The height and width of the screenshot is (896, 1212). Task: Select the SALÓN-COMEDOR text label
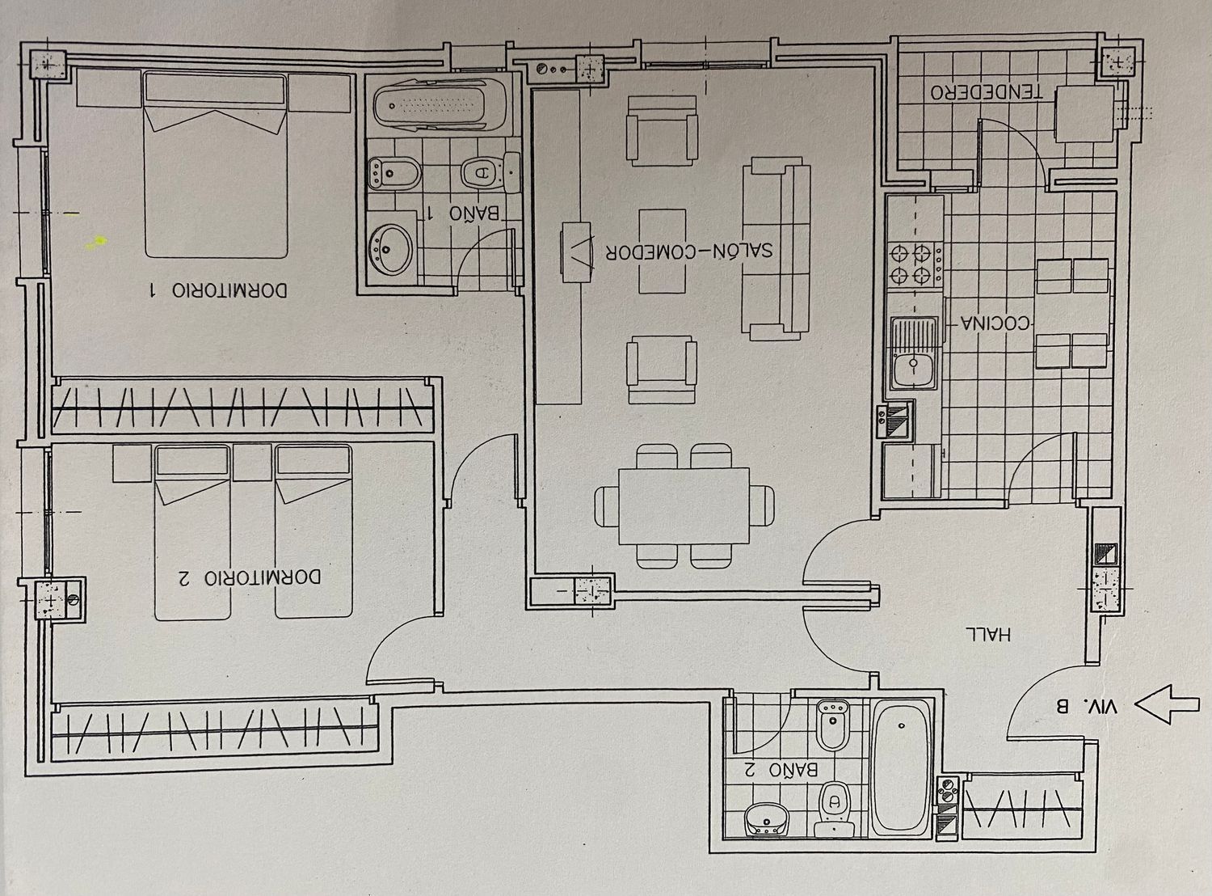(x=689, y=251)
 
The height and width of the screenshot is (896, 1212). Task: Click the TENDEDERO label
(x=987, y=92)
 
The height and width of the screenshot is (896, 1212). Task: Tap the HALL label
(x=988, y=634)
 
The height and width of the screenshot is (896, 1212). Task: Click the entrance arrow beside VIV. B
(x=1168, y=705)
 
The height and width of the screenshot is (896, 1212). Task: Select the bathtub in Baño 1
(x=439, y=105)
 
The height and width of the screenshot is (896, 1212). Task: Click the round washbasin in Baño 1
(x=390, y=249)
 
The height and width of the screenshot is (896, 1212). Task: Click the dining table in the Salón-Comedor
(x=684, y=506)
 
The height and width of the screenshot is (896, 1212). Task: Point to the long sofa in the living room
(x=776, y=249)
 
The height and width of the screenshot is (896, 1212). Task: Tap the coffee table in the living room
(x=663, y=251)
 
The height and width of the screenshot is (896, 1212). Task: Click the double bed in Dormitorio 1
(x=216, y=164)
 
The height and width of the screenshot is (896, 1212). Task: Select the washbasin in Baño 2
(x=766, y=819)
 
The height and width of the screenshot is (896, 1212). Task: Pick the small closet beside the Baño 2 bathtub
(x=1022, y=809)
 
